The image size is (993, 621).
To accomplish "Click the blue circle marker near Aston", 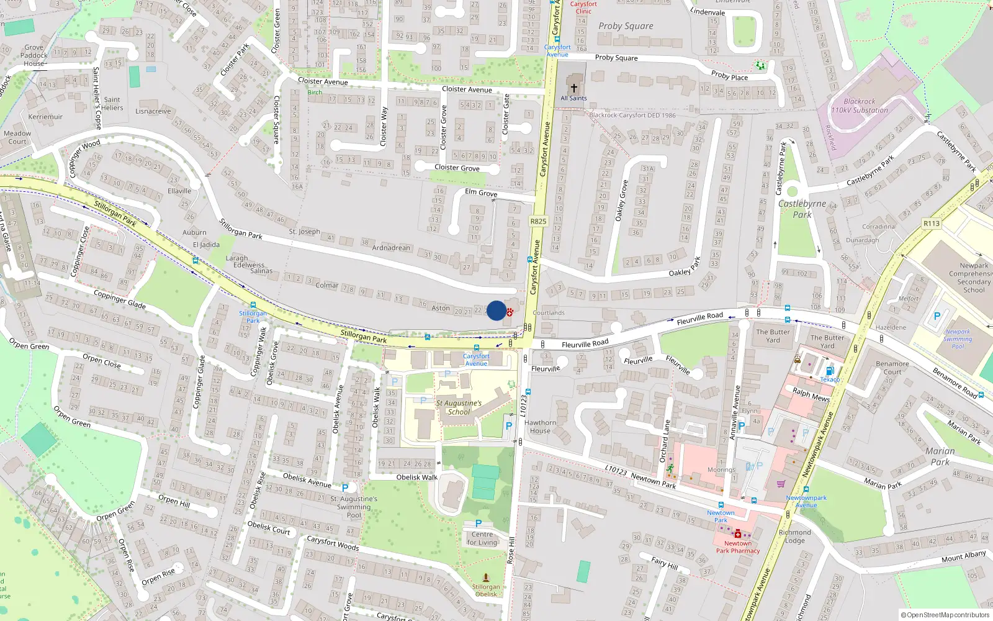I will point(496,310).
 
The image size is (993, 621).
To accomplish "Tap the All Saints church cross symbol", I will point(574,88).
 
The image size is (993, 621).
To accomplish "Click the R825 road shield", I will point(538,221).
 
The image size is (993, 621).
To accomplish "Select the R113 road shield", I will point(931,224).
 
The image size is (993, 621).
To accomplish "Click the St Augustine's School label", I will point(459,407).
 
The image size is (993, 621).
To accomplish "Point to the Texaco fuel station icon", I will point(830,371).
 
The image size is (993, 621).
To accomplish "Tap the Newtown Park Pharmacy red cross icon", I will point(737,534).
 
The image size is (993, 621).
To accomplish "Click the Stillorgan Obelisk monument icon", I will point(486,578).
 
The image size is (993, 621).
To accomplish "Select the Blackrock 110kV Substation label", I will point(860,106).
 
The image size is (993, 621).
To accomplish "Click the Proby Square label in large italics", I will point(626,26).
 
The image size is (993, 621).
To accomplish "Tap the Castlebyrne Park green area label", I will point(802,209).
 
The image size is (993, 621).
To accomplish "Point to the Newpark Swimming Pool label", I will point(958,339).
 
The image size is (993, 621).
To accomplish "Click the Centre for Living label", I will point(483,538).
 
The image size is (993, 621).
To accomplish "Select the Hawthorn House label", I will point(540,427).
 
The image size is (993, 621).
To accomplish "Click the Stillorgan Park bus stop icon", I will point(253,306).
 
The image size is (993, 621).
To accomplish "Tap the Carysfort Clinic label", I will point(583,7).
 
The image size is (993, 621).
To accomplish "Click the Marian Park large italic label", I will point(940,456).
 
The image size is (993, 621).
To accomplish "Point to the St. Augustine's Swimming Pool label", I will point(353,507).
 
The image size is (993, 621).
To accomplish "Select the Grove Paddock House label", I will point(34,55).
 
